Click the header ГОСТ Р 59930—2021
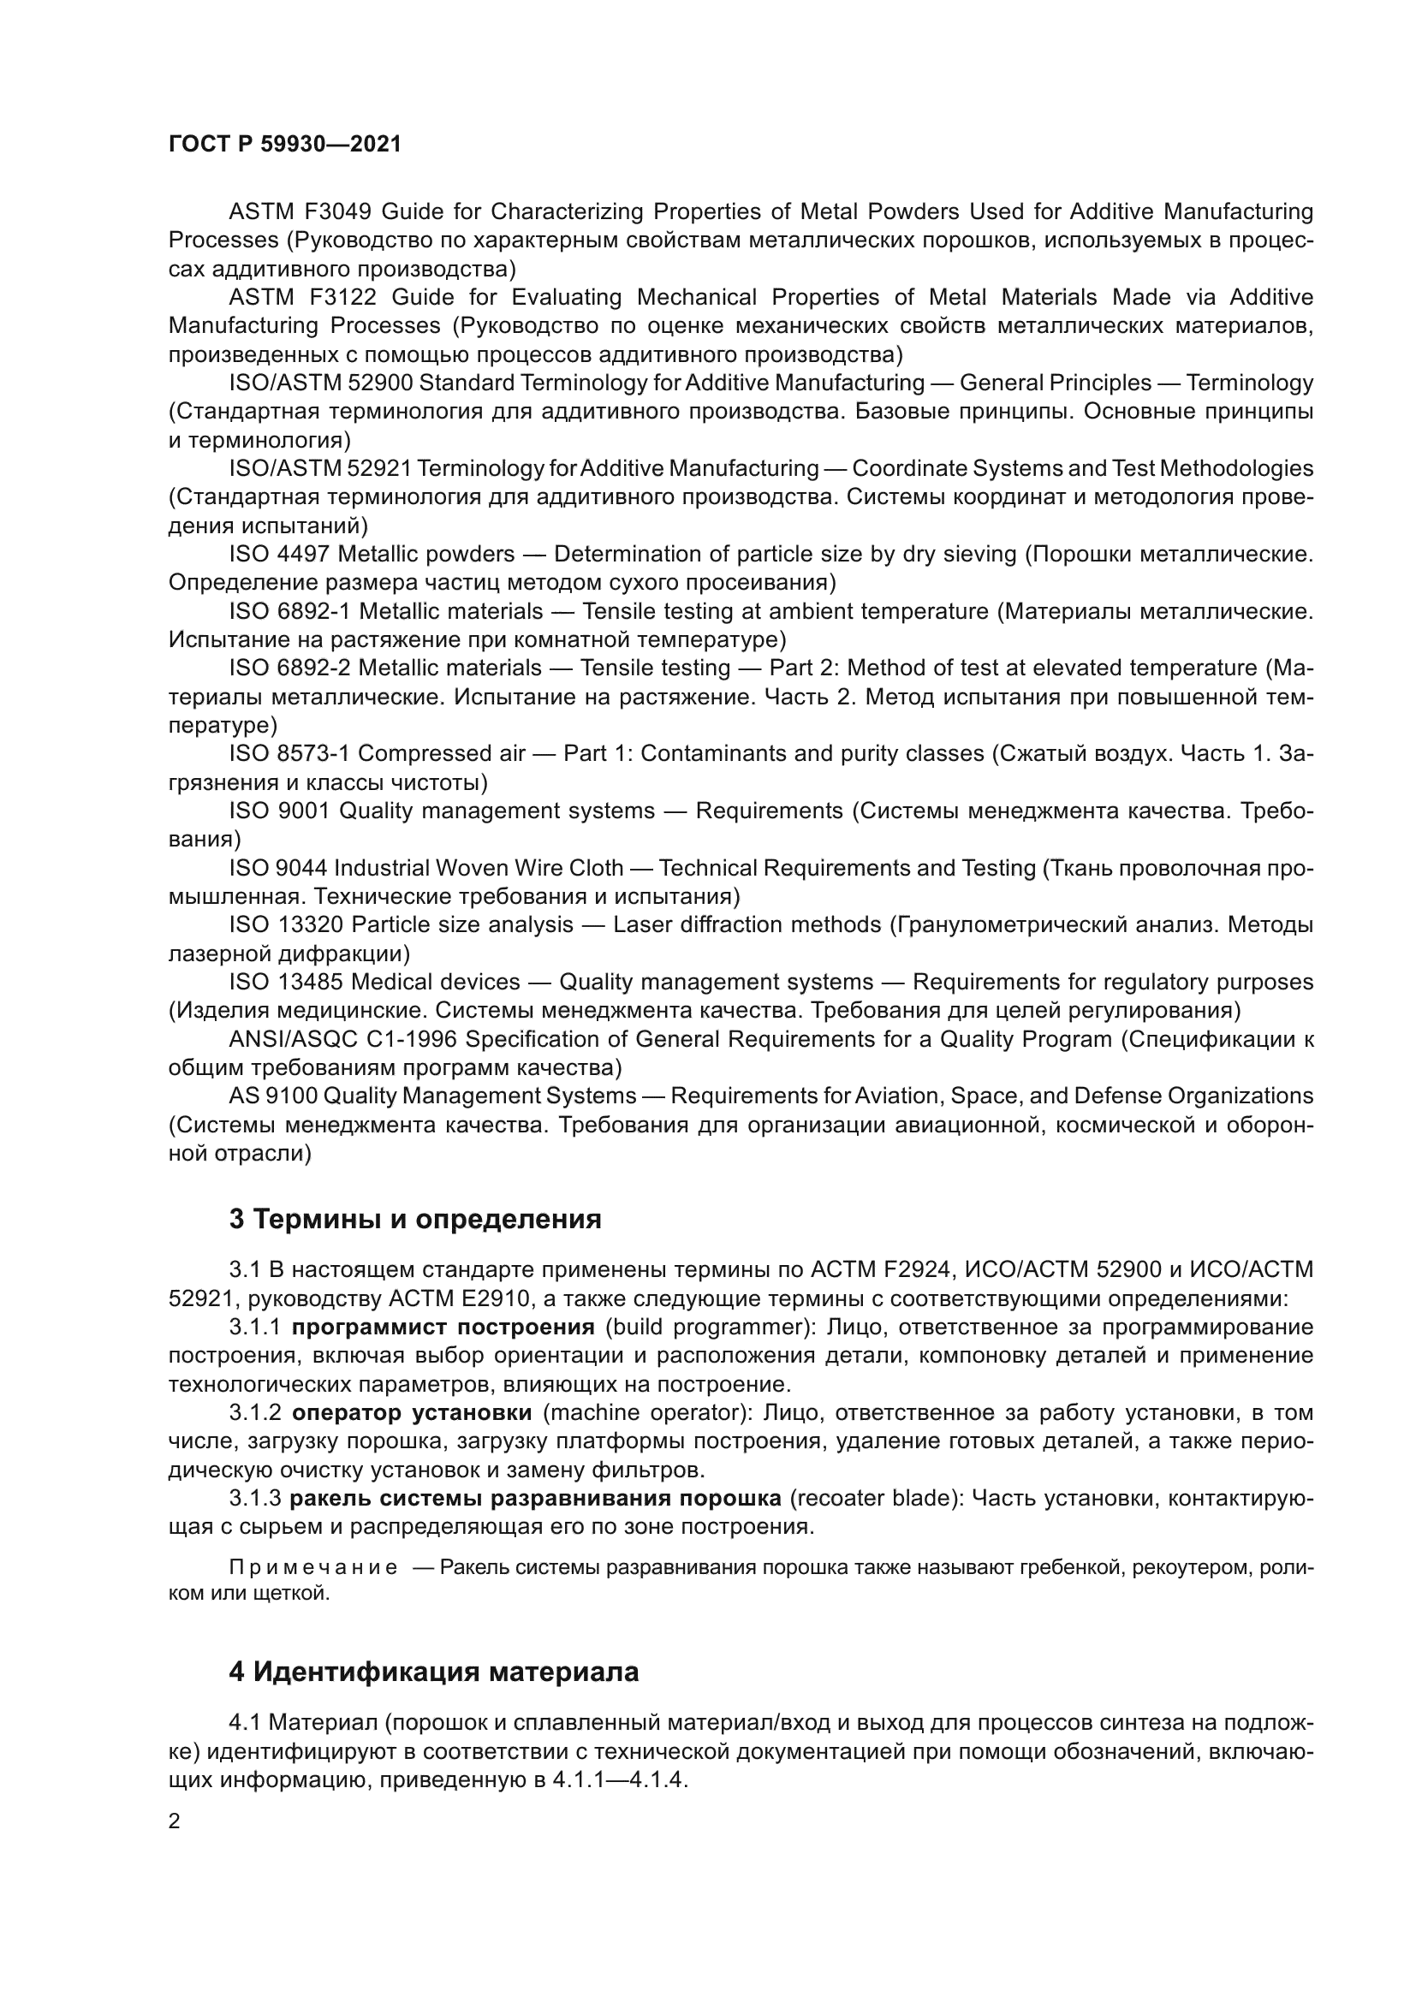[285, 145]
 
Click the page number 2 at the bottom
[175, 1821]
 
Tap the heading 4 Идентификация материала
[433, 1672]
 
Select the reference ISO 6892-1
[289, 611]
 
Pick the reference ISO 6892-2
[289, 668]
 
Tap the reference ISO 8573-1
[289, 753]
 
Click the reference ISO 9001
[279, 811]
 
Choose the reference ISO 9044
[278, 869]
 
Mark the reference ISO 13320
[286, 924]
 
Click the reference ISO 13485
[286, 983]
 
